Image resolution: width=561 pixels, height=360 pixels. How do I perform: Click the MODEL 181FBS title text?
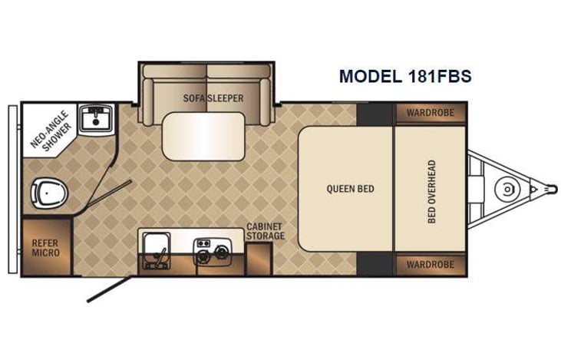pos(404,77)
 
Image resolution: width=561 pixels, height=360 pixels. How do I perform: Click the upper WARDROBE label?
pos(431,112)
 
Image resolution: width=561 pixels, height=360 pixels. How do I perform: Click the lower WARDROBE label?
pos(431,265)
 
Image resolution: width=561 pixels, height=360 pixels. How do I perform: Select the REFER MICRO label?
pos(46,247)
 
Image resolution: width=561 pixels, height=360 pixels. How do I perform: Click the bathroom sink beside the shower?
pos(96,117)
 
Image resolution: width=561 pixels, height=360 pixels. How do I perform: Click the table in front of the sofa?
pos(203,136)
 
